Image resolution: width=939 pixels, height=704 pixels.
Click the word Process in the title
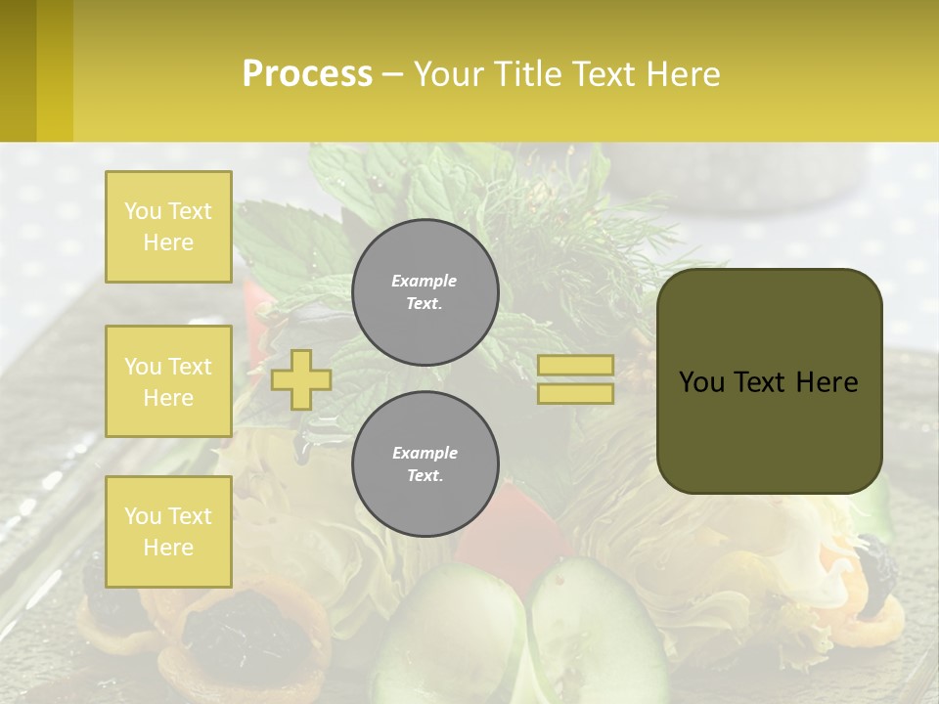point(307,74)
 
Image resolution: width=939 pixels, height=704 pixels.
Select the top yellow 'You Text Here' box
point(168,227)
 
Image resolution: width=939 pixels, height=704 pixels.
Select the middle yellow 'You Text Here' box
point(168,381)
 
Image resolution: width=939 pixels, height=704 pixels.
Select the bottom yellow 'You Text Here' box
point(168,531)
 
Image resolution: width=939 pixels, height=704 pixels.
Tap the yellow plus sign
point(301,379)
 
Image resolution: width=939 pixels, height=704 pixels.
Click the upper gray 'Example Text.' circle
point(425,292)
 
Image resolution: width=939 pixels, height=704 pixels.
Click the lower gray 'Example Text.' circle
point(425,464)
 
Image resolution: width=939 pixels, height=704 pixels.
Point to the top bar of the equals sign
point(575,365)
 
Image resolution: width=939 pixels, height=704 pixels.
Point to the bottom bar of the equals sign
point(575,393)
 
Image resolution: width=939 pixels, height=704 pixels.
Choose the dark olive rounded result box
point(769,430)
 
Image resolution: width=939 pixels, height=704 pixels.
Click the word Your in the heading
point(447,74)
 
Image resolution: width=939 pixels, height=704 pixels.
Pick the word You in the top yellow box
point(142,211)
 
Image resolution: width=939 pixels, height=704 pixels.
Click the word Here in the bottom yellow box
point(168,548)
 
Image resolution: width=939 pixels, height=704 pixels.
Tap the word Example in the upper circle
point(425,281)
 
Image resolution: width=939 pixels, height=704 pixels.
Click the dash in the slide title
point(392,74)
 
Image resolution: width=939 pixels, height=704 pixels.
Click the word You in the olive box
point(701,382)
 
